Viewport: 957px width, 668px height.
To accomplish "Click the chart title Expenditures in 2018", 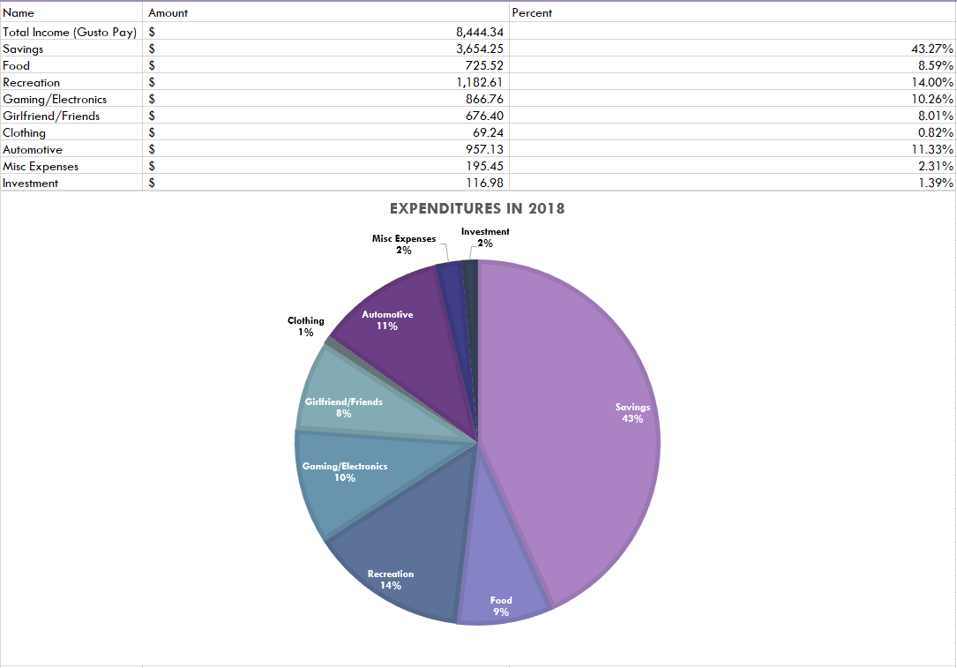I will (x=477, y=209).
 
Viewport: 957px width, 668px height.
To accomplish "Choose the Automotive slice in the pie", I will (x=397, y=335).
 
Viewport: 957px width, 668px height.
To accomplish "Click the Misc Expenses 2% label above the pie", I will (x=403, y=244).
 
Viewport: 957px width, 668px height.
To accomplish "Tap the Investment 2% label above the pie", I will (x=485, y=237).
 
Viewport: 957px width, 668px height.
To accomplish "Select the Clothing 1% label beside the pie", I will (x=306, y=326).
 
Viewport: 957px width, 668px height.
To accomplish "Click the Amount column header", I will (x=168, y=13).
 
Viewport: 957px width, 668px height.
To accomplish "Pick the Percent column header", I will (x=532, y=13).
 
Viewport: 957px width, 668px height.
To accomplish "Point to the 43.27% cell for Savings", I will (x=931, y=49).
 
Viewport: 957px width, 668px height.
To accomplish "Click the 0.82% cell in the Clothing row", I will (x=935, y=132).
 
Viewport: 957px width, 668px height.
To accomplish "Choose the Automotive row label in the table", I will (x=33, y=149).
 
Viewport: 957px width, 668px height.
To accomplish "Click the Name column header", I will (x=19, y=13).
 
